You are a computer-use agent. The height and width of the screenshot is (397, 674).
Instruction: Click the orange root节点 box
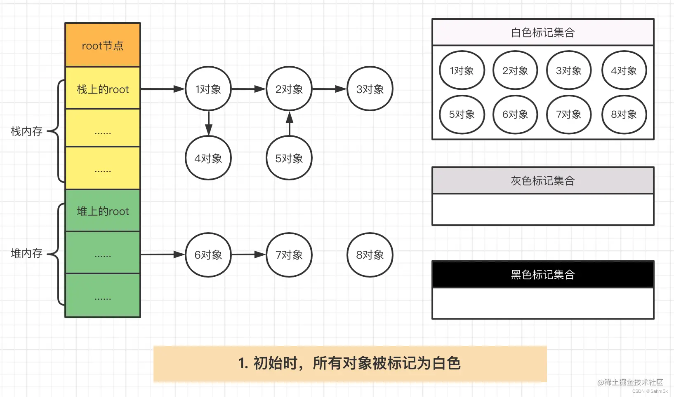tap(103, 45)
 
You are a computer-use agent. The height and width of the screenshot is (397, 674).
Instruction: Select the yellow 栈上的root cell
tap(103, 89)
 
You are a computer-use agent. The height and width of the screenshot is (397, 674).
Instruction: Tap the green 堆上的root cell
tap(103, 211)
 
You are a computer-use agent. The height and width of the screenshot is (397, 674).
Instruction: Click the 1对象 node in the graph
tap(208, 89)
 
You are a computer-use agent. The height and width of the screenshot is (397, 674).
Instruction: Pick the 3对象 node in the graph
tap(370, 89)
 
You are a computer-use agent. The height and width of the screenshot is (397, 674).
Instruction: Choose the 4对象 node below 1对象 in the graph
tap(208, 158)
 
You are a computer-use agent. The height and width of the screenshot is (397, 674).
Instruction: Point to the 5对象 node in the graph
tap(289, 158)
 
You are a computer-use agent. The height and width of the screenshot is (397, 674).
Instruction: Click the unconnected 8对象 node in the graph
tap(370, 255)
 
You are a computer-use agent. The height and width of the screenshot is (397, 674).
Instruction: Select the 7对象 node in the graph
tap(289, 255)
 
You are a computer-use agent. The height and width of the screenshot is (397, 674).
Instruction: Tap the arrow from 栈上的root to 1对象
tap(163, 89)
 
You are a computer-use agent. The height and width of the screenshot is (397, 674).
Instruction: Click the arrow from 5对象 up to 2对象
tap(290, 124)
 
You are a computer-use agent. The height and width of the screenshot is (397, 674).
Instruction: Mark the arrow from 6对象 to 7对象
tap(248, 255)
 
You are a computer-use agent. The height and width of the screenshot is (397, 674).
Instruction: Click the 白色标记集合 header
tap(543, 33)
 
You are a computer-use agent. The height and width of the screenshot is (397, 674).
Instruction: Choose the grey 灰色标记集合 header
tap(543, 180)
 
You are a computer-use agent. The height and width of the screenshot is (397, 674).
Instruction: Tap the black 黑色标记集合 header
tap(543, 274)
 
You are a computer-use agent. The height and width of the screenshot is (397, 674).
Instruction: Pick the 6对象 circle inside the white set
tap(515, 114)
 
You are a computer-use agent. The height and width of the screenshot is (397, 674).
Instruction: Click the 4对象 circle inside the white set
tap(624, 70)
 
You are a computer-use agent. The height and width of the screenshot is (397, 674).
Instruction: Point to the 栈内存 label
tap(26, 131)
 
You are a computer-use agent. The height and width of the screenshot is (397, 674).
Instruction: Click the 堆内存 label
tap(26, 253)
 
